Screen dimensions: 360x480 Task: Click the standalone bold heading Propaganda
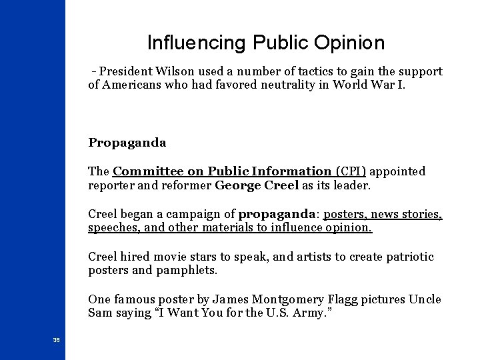click(x=127, y=143)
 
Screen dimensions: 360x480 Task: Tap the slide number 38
click(x=56, y=340)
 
